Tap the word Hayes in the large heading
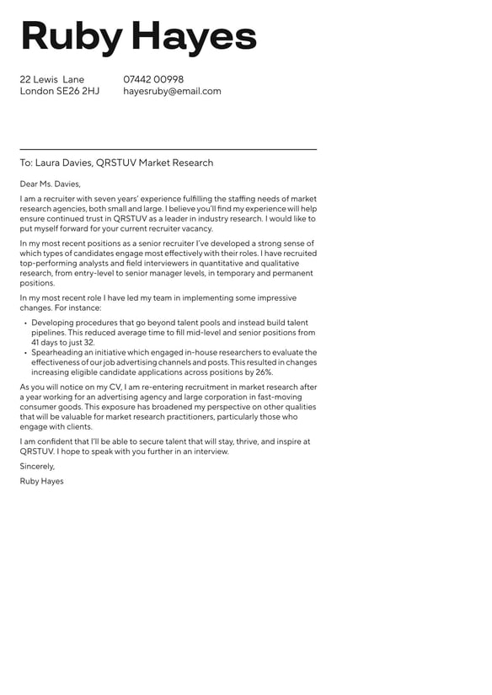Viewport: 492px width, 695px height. tap(194, 36)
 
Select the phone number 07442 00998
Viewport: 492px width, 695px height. tap(153, 80)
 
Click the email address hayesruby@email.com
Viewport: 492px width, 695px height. tap(172, 91)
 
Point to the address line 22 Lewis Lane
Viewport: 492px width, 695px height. tap(52, 80)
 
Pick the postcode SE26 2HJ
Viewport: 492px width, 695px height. tap(78, 91)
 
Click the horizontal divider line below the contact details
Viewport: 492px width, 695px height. tap(168, 149)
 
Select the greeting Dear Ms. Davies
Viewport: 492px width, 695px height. tap(51, 184)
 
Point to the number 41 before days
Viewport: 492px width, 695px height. tap(36, 343)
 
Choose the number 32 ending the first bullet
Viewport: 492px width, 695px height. tap(88, 343)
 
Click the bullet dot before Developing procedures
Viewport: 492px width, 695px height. tap(25, 323)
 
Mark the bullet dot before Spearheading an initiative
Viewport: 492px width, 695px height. tap(25, 354)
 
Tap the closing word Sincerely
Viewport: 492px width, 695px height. tap(37, 466)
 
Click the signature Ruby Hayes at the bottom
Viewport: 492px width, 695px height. tap(41, 481)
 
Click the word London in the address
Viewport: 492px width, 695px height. tap(37, 91)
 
